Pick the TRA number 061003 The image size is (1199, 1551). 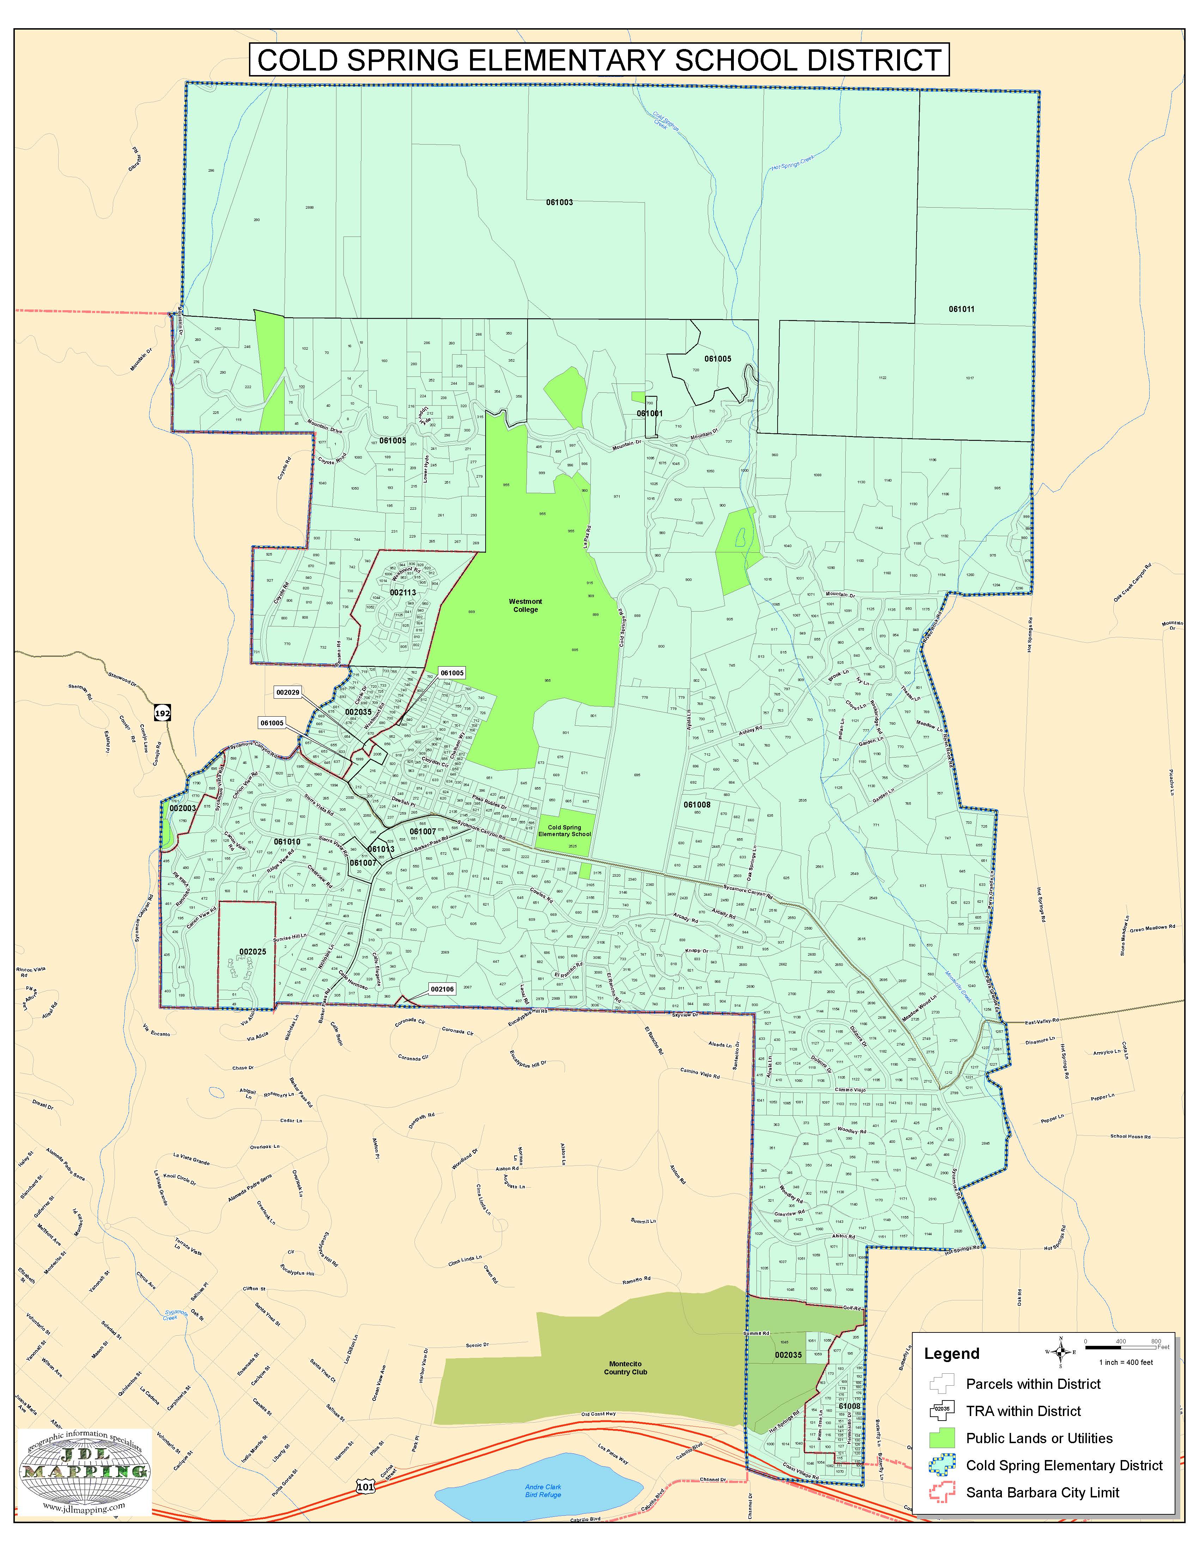(559, 202)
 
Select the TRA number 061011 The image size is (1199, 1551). (961, 309)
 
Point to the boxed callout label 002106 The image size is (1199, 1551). (442, 988)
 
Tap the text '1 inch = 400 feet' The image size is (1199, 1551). (1126, 1362)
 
